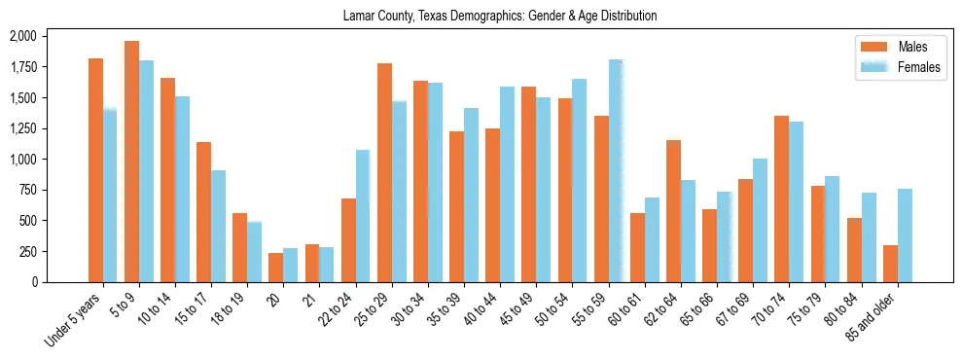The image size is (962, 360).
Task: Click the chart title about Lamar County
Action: (500, 16)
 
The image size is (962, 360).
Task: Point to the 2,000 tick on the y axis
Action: (22, 36)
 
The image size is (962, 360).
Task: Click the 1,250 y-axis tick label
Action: (22, 128)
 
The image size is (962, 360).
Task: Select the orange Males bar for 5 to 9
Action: (132, 162)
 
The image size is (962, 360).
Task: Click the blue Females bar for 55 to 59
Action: (616, 171)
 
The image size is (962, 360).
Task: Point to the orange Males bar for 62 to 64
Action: (674, 211)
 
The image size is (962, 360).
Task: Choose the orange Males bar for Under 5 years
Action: (95, 170)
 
